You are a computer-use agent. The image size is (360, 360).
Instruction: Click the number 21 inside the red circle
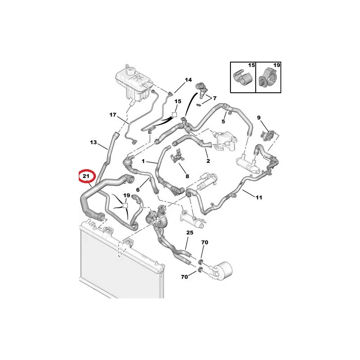[85, 176]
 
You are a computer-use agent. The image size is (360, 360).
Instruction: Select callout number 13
[93, 143]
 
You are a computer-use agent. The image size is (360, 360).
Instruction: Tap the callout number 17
[113, 115]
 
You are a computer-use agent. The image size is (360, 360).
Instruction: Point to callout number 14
[189, 80]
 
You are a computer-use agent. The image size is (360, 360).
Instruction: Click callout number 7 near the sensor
[215, 98]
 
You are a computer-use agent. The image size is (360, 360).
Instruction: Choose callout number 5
[223, 121]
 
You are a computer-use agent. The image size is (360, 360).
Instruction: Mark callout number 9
[259, 117]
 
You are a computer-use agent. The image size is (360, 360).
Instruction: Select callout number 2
[208, 161]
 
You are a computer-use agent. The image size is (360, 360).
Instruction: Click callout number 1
[144, 161]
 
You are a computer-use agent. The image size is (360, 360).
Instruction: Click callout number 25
[189, 233]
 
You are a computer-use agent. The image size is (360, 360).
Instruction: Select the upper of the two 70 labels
[205, 243]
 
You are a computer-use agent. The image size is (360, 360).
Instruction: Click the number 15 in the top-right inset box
[251, 66]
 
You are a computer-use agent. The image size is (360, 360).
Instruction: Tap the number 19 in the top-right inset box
[276, 66]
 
